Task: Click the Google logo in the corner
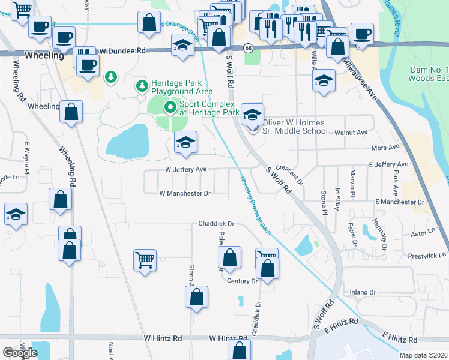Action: tap(20, 353)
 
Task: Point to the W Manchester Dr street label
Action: tap(185, 193)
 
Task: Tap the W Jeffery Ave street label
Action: tap(186, 170)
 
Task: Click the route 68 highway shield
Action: tap(247, 47)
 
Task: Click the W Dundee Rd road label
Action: tap(123, 52)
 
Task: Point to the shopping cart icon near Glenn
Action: tap(145, 260)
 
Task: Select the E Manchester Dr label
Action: tap(399, 203)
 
